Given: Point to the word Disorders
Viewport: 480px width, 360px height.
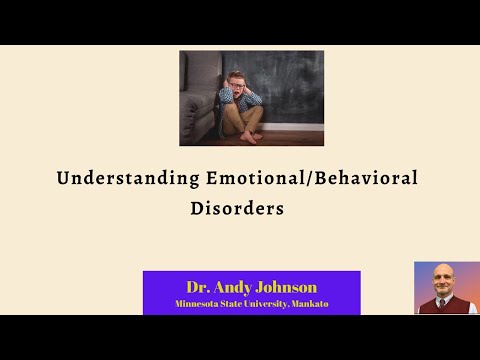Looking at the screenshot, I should tap(237, 210).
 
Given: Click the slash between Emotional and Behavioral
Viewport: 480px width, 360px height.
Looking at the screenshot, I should tap(309, 180).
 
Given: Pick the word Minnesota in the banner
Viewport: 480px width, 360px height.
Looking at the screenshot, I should tap(199, 302).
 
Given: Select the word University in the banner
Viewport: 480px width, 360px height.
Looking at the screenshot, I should tap(275, 302).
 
